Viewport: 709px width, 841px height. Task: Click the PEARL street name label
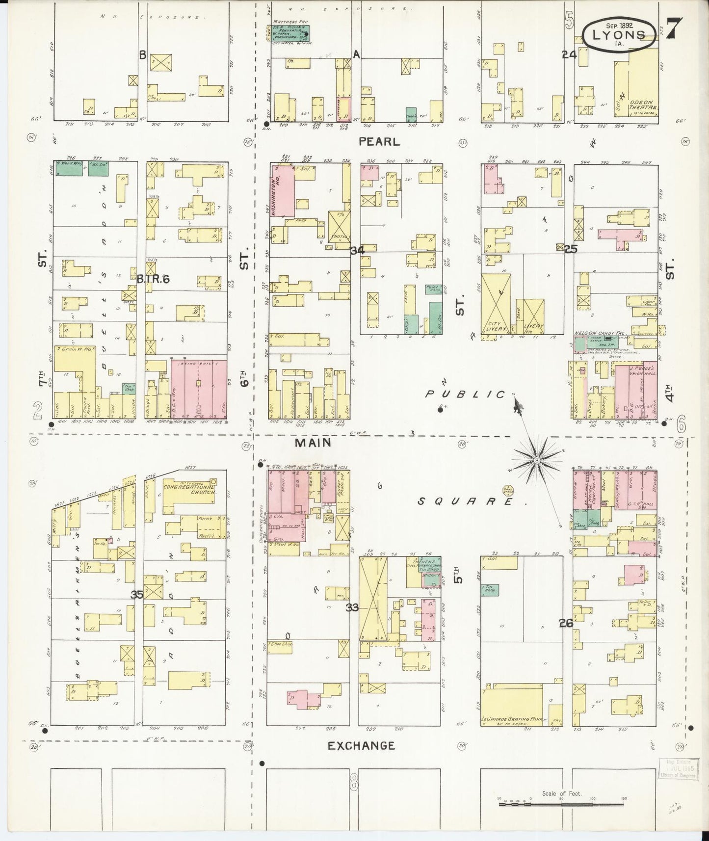coord(379,142)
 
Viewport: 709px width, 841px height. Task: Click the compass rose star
coord(537,460)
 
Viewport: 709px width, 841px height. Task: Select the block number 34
coord(357,250)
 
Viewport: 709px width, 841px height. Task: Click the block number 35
coord(136,595)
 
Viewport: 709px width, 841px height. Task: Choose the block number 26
coord(566,624)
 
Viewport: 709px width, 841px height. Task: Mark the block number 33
coord(352,607)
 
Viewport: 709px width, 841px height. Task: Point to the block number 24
coord(569,55)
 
